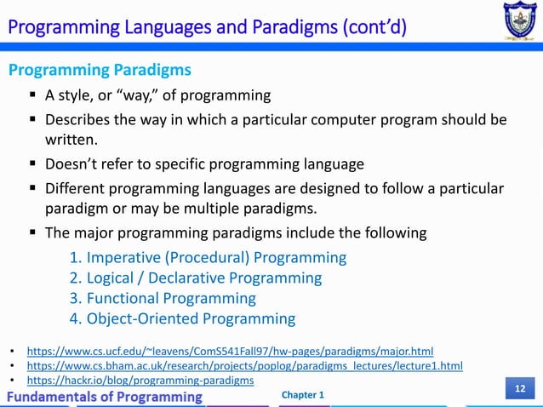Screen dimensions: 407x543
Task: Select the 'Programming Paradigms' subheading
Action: pos(100,69)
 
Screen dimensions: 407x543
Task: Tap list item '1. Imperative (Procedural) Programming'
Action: pos(208,257)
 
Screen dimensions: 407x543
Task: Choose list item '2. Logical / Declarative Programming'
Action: pos(195,278)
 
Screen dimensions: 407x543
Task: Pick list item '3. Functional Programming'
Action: pos(162,298)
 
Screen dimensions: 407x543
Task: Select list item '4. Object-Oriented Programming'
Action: pos(182,319)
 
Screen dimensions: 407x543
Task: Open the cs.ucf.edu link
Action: pos(230,350)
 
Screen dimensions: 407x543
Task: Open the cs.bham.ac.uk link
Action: pos(245,365)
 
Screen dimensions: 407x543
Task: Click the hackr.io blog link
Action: pos(140,380)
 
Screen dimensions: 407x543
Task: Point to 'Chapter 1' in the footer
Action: pos(302,395)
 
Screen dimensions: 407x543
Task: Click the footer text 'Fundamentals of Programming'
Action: pos(106,397)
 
